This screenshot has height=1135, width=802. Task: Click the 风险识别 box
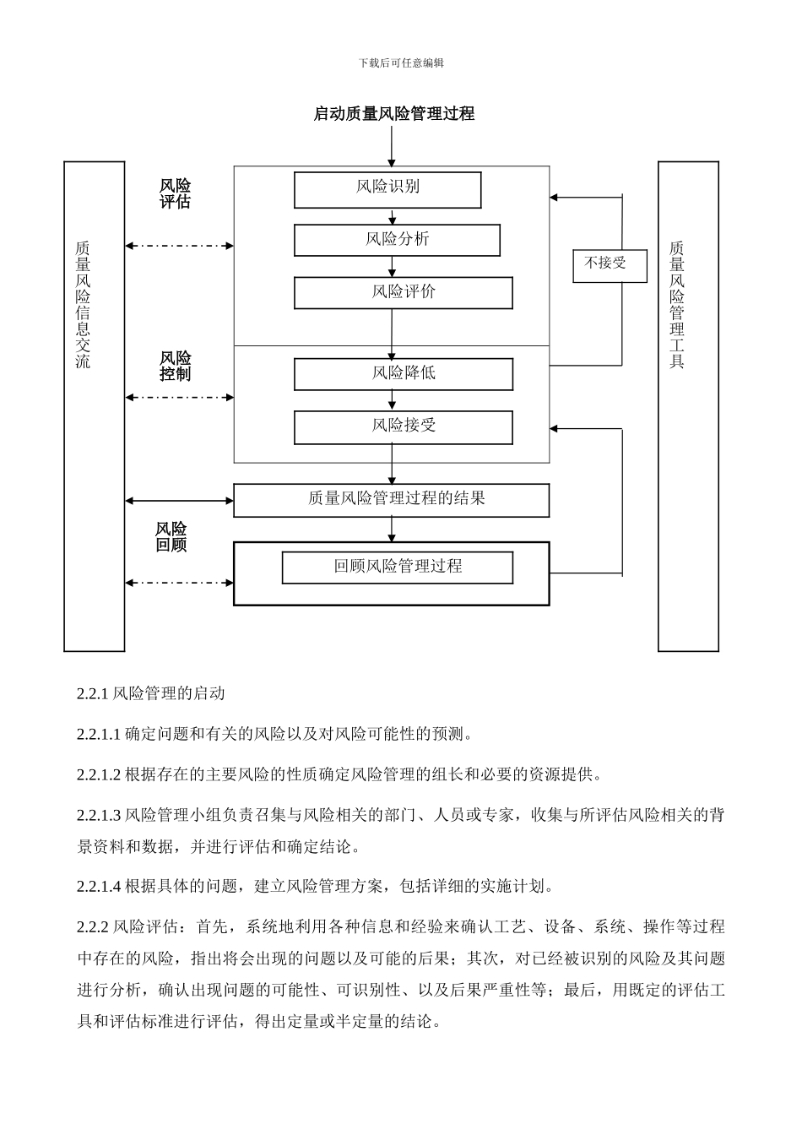point(387,190)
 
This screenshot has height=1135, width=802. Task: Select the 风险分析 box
point(397,240)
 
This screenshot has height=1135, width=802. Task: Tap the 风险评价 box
point(403,292)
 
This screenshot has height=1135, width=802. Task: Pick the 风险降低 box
point(403,373)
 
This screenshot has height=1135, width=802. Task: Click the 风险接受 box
point(403,426)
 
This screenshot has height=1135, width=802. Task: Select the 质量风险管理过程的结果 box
point(391,500)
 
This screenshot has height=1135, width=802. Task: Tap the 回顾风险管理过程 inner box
point(397,567)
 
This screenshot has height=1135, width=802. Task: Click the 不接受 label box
point(610,265)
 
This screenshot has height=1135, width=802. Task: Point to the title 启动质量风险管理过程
point(393,113)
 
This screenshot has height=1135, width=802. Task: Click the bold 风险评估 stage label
point(176,193)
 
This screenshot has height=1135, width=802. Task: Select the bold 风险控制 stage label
point(176,366)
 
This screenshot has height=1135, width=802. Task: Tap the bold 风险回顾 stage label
point(171,536)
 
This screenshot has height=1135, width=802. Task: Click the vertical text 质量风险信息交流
point(83,304)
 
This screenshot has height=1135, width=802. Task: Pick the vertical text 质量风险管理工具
point(677,304)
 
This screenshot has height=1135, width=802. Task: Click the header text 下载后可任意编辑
point(401,62)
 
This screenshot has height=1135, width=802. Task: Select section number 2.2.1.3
point(99,815)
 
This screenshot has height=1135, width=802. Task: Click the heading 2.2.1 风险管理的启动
point(151,693)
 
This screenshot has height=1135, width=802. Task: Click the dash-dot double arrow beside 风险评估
point(179,246)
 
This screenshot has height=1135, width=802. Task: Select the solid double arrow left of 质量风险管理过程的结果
point(179,501)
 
